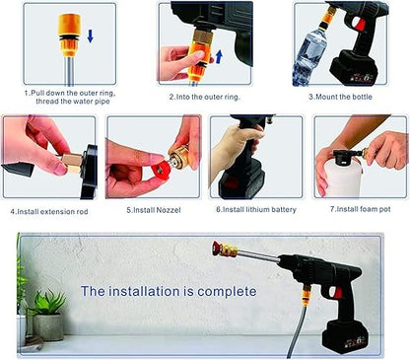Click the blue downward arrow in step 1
coord(91,36)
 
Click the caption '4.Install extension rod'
coord(50,209)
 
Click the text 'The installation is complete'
coord(168,291)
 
